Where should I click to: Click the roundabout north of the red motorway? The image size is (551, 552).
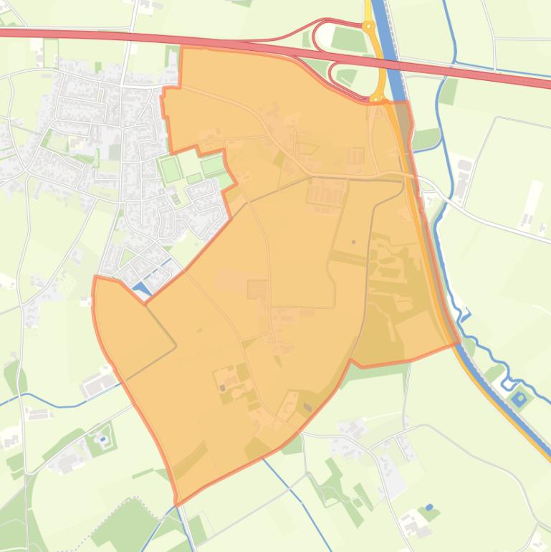pyautogui.click(x=369, y=27)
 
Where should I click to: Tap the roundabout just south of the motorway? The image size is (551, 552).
pyautogui.click(x=378, y=98)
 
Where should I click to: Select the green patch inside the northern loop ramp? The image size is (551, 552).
pyautogui.click(x=349, y=39)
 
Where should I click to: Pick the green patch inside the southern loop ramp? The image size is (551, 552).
pyautogui.click(x=347, y=75)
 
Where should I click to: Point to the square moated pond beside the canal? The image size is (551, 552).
pyautogui.click(x=519, y=397)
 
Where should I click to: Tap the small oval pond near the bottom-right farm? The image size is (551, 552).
pyautogui.click(x=429, y=508)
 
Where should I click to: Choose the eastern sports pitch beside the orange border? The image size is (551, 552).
pyautogui.click(x=214, y=166)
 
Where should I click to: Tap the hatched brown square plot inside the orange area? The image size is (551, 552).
pyautogui.click(x=257, y=290)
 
